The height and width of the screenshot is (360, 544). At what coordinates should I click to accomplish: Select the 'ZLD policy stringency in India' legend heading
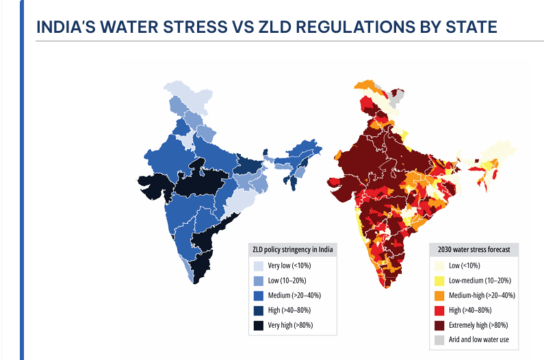pos(292,250)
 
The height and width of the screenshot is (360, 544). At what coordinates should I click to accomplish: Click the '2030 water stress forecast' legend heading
pos(474,250)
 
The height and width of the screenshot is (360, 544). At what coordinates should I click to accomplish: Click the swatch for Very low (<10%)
pos(259,266)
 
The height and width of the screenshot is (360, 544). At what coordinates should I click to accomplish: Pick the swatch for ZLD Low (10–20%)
pos(259,281)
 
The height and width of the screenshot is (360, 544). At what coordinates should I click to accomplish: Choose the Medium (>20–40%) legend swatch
pos(259,296)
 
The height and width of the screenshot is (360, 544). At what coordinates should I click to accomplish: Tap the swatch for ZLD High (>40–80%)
pos(259,311)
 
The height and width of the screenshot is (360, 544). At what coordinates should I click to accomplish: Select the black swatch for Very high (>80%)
pos(259,326)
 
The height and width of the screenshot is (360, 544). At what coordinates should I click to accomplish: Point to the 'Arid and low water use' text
pos(479,340)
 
